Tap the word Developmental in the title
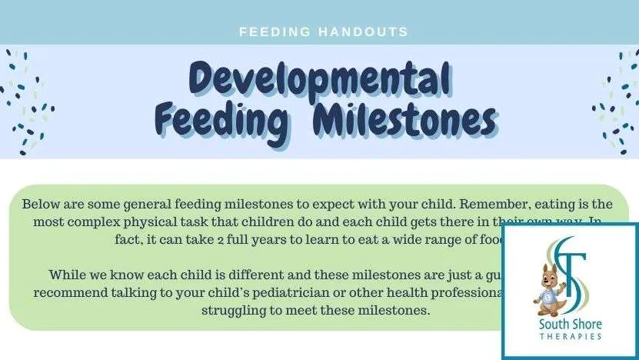tap(319, 79)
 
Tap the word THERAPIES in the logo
tap(570, 337)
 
